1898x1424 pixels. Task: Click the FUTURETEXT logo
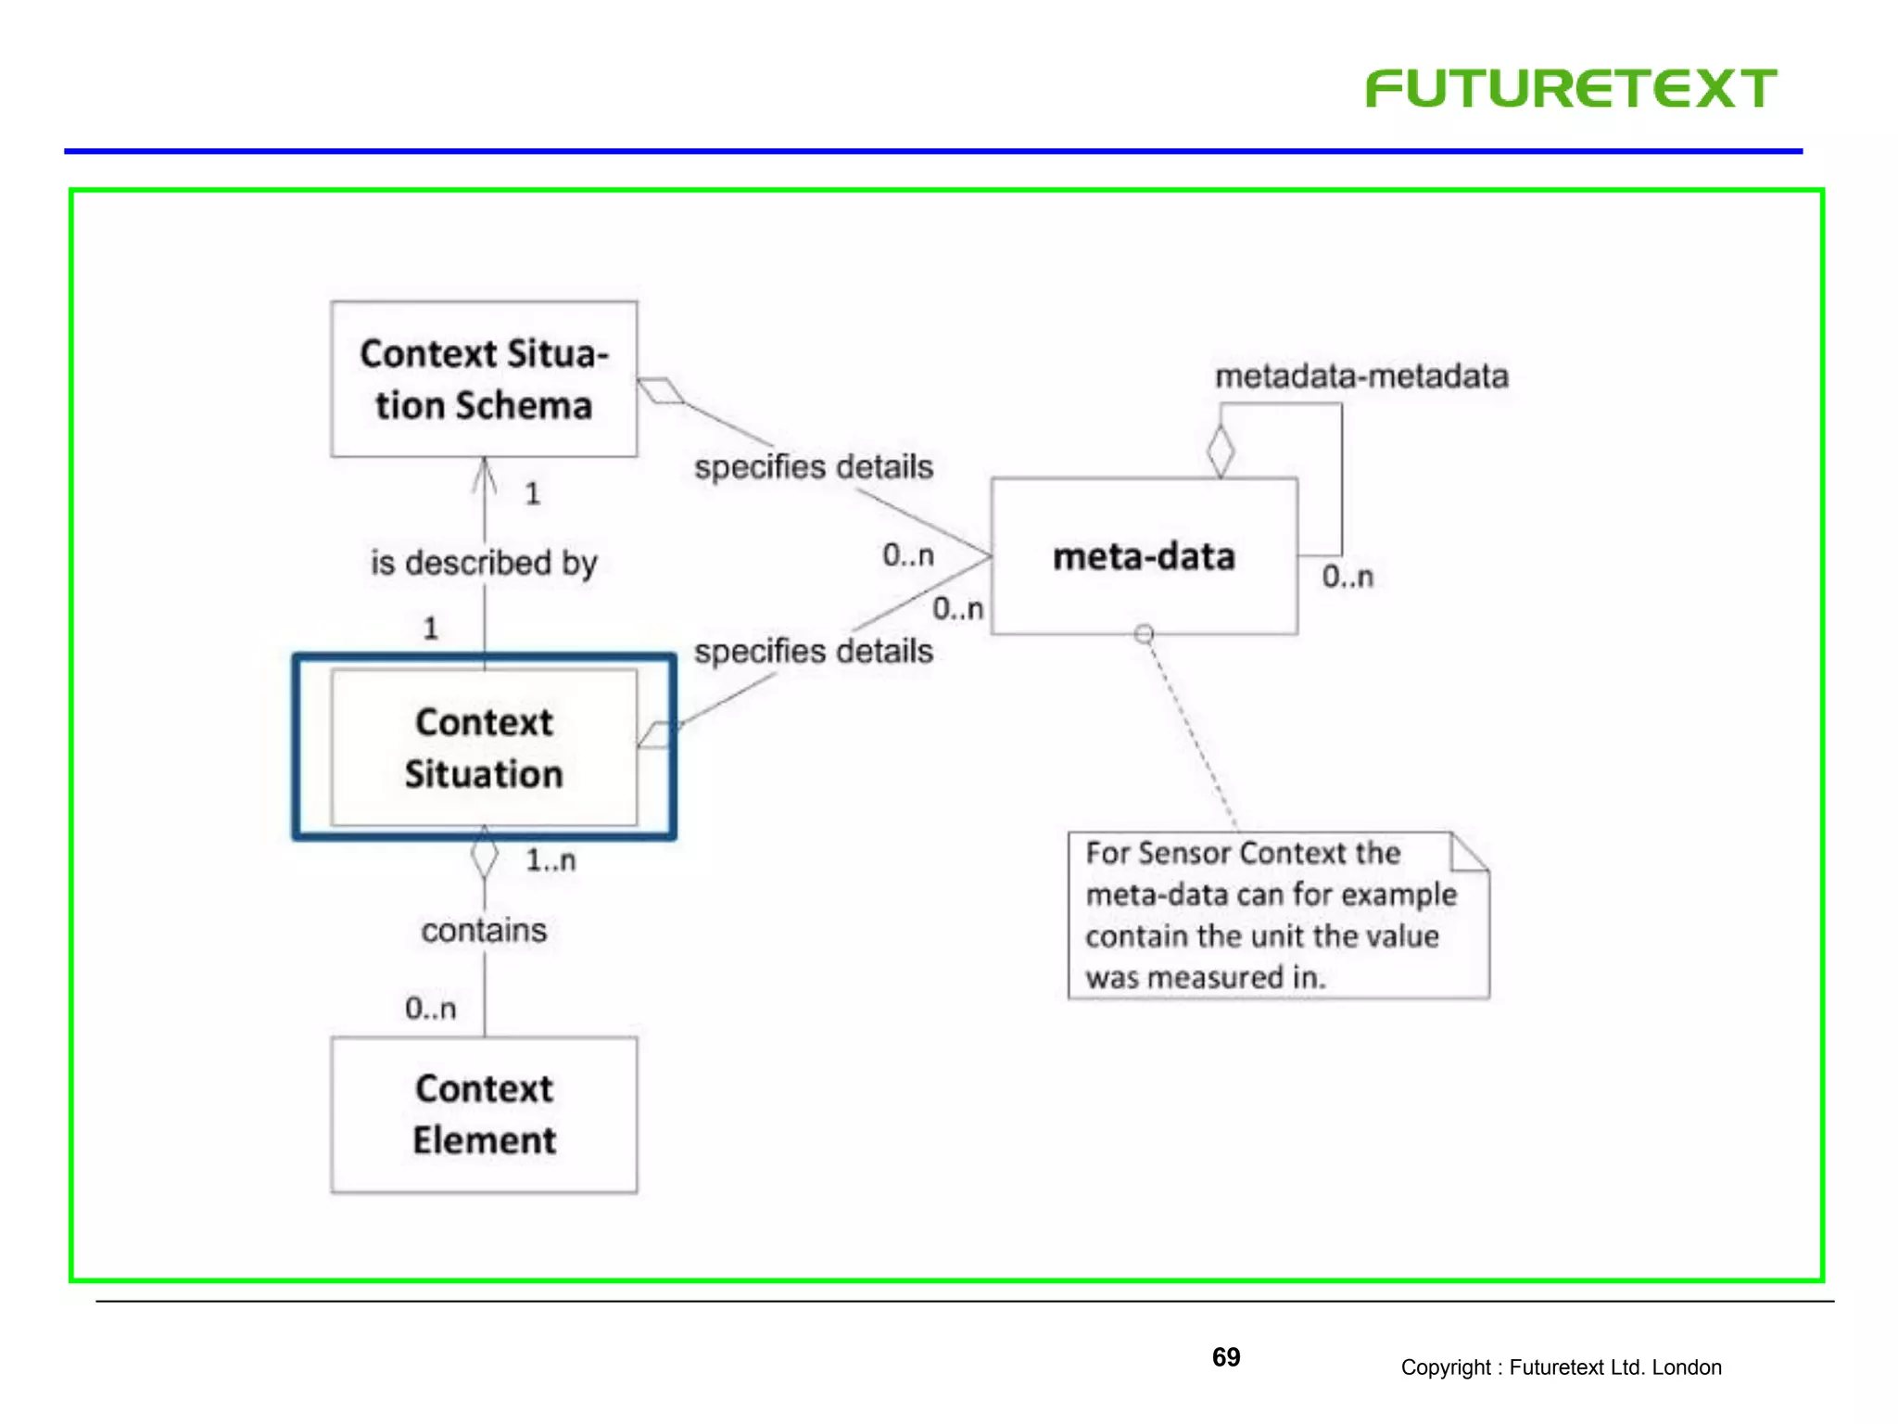[x=1571, y=89]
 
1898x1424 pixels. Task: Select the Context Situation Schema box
[x=484, y=379]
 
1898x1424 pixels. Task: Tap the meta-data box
[x=1144, y=556]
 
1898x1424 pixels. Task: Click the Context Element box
[x=484, y=1114]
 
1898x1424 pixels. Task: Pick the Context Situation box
[x=484, y=747]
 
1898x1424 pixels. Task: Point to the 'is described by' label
[x=484, y=563]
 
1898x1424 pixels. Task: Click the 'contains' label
[x=484, y=930]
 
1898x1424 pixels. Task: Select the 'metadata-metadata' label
[x=1361, y=376]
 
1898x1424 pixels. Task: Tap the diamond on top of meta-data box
[x=1221, y=451]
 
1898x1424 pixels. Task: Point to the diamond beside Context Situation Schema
[x=661, y=391]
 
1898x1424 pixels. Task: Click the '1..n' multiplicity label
[x=550, y=861]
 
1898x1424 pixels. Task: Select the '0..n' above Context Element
[x=431, y=1008]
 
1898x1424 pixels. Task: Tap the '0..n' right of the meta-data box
[x=1348, y=577]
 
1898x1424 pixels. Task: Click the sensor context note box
[x=1277, y=915]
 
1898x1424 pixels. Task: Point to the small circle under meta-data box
[x=1145, y=634]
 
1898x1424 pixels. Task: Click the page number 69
[x=1226, y=1357]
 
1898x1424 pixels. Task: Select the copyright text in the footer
[x=1561, y=1367]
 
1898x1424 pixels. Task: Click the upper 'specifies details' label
[x=814, y=466]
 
